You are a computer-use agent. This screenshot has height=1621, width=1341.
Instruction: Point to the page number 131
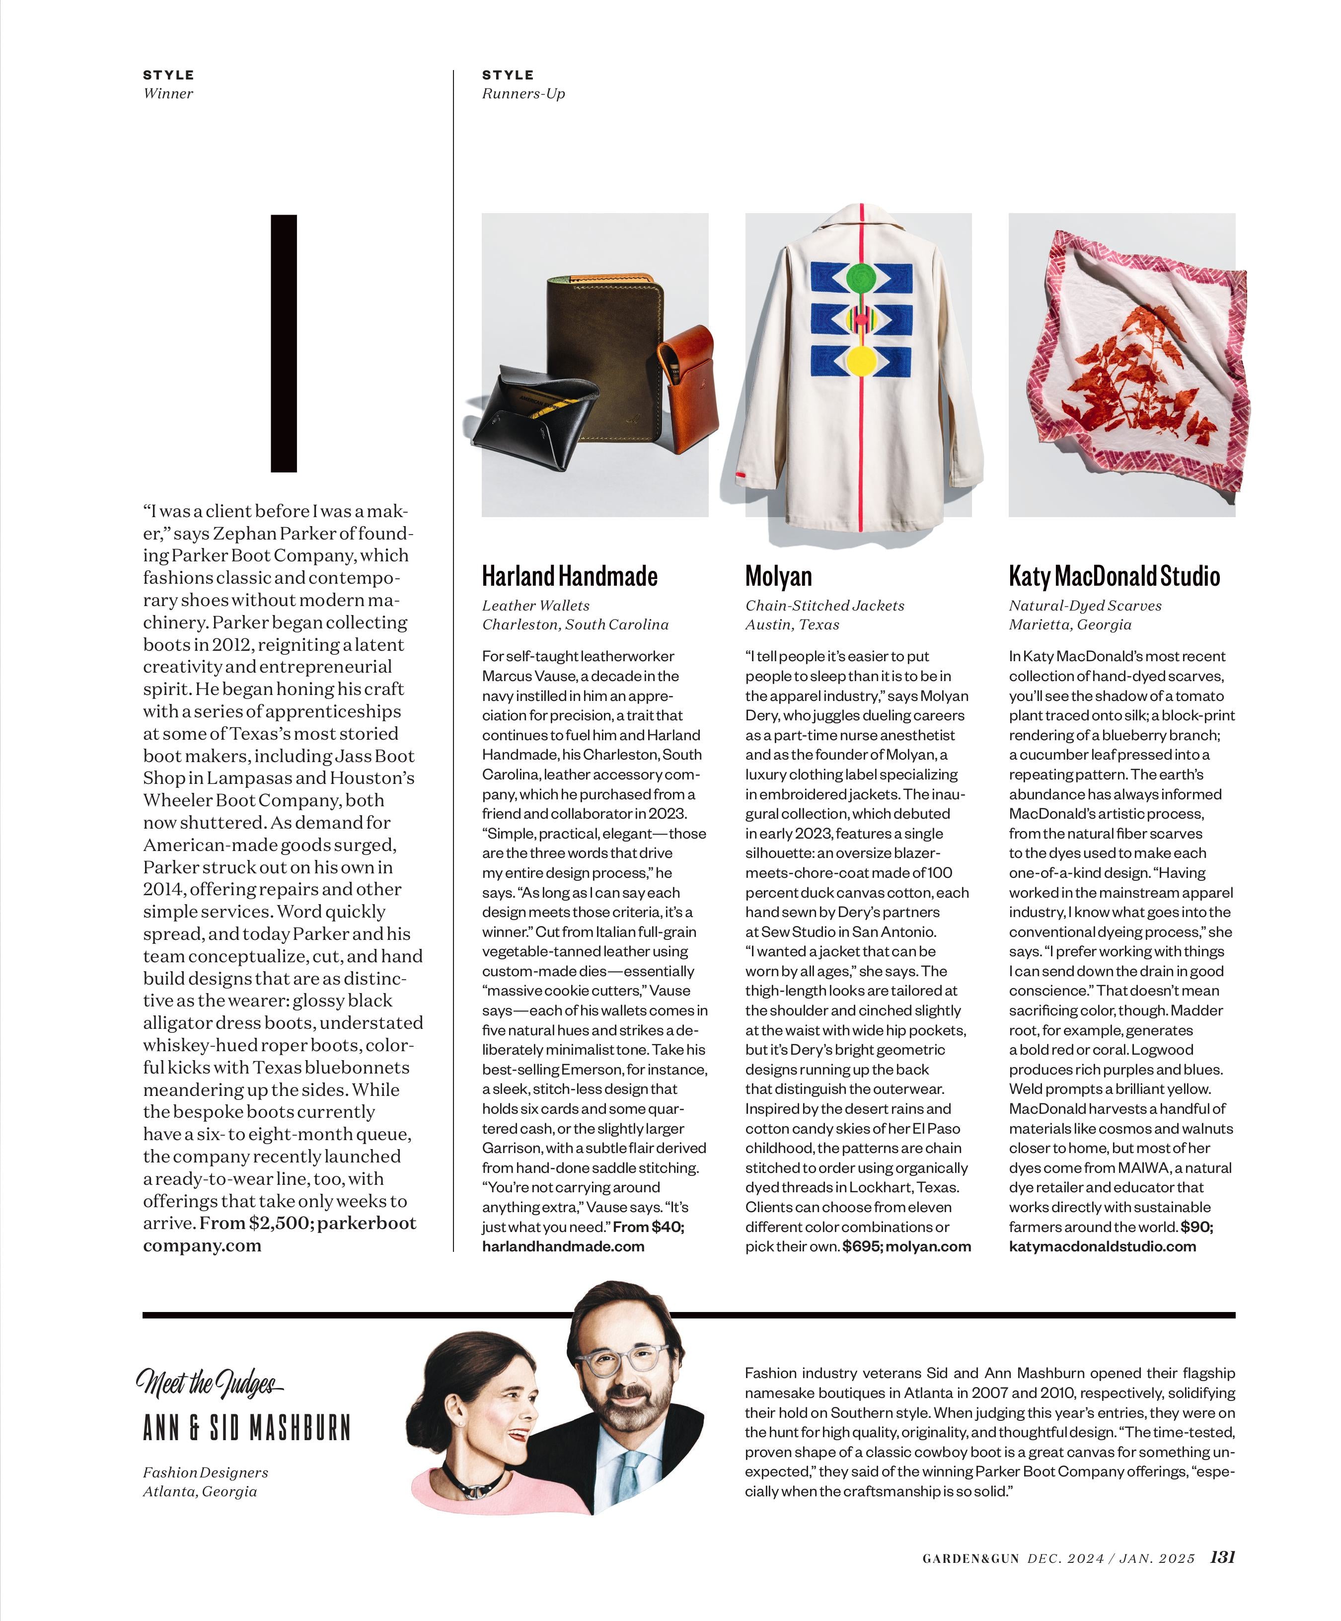point(1222,1558)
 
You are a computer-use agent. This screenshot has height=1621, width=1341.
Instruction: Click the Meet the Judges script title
point(208,1382)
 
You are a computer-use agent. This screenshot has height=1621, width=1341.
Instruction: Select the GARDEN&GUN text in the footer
point(970,1559)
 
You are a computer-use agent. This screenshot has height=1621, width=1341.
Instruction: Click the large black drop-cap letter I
point(284,343)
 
